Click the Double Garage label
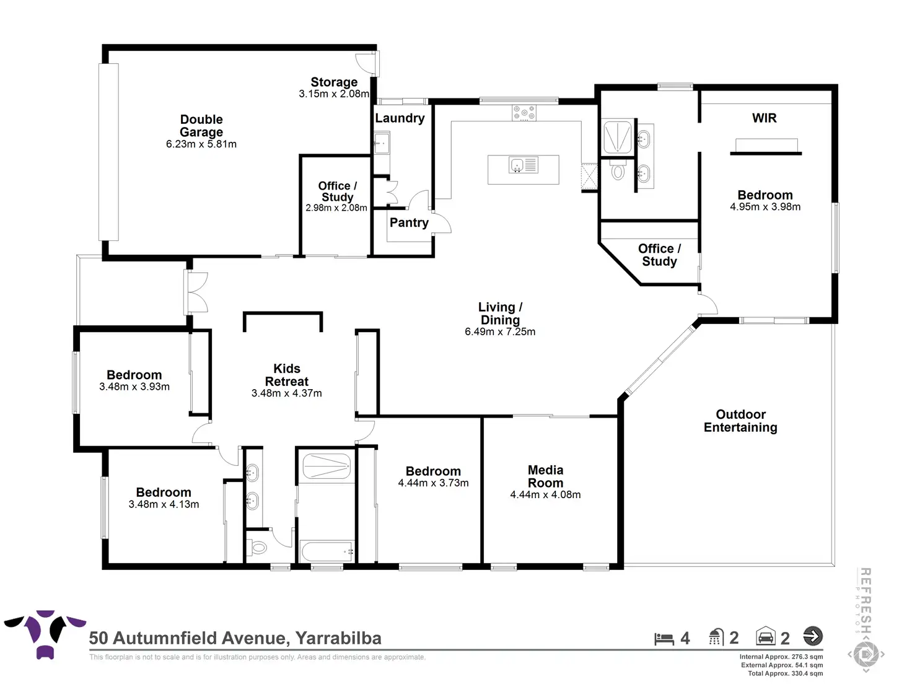[x=201, y=126]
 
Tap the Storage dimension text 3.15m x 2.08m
[x=334, y=94]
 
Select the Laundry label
[x=400, y=118]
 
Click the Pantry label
[x=409, y=223]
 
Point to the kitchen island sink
[x=517, y=165]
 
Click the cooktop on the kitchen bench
[x=524, y=113]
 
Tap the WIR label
[x=764, y=118]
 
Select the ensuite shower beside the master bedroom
[x=617, y=136]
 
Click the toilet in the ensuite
[x=618, y=170]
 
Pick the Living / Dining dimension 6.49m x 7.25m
[x=500, y=332]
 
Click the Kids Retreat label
[x=286, y=375]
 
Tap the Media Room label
[x=545, y=476]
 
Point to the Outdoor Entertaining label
[x=740, y=421]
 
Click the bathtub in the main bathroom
[x=326, y=551]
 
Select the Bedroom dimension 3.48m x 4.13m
[x=164, y=505]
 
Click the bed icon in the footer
[x=664, y=639]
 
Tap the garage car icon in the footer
[x=766, y=637]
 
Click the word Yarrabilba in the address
[x=338, y=638]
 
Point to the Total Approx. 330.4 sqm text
[x=785, y=673]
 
